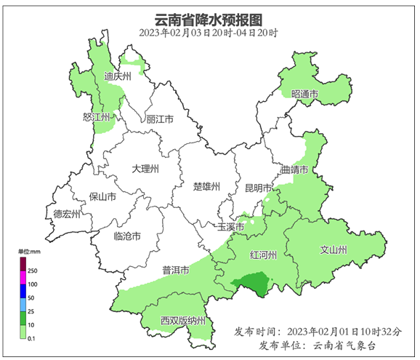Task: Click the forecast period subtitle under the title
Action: click(x=209, y=33)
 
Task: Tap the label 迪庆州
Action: click(x=116, y=76)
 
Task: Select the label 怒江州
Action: click(x=97, y=117)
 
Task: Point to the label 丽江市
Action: click(x=160, y=119)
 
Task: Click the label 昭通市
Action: click(x=305, y=95)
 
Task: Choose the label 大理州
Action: click(x=145, y=169)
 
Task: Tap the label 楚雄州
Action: click(x=206, y=186)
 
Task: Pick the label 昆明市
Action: click(x=258, y=187)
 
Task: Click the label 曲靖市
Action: click(x=295, y=170)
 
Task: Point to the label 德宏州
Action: click(x=68, y=214)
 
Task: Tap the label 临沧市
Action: click(x=128, y=236)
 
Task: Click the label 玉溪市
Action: click(x=231, y=226)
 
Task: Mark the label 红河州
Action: click(x=263, y=256)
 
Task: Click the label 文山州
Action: click(x=334, y=250)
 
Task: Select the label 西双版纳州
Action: click(x=185, y=320)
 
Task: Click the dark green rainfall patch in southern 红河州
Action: click(x=249, y=284)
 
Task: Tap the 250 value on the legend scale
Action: click(x=33, y=270)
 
